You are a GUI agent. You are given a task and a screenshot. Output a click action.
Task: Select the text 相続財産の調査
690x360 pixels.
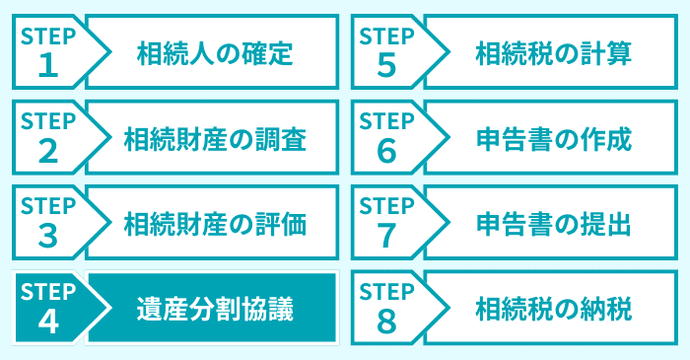pos(214,139)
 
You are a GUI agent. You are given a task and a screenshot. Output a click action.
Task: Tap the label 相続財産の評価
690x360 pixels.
pos(214,225)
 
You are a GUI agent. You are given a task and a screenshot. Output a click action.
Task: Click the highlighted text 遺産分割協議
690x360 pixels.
pos(214,310)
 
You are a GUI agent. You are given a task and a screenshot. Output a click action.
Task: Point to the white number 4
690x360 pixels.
pos(46,322)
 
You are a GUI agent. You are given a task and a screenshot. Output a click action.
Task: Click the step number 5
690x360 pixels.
pos(385,64)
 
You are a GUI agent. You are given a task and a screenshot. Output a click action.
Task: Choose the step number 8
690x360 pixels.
pos(385,322)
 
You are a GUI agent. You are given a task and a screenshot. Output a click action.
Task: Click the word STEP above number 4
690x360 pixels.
pos(47,291)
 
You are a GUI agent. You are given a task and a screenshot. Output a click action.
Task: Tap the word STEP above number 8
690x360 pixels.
pos(386,291)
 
